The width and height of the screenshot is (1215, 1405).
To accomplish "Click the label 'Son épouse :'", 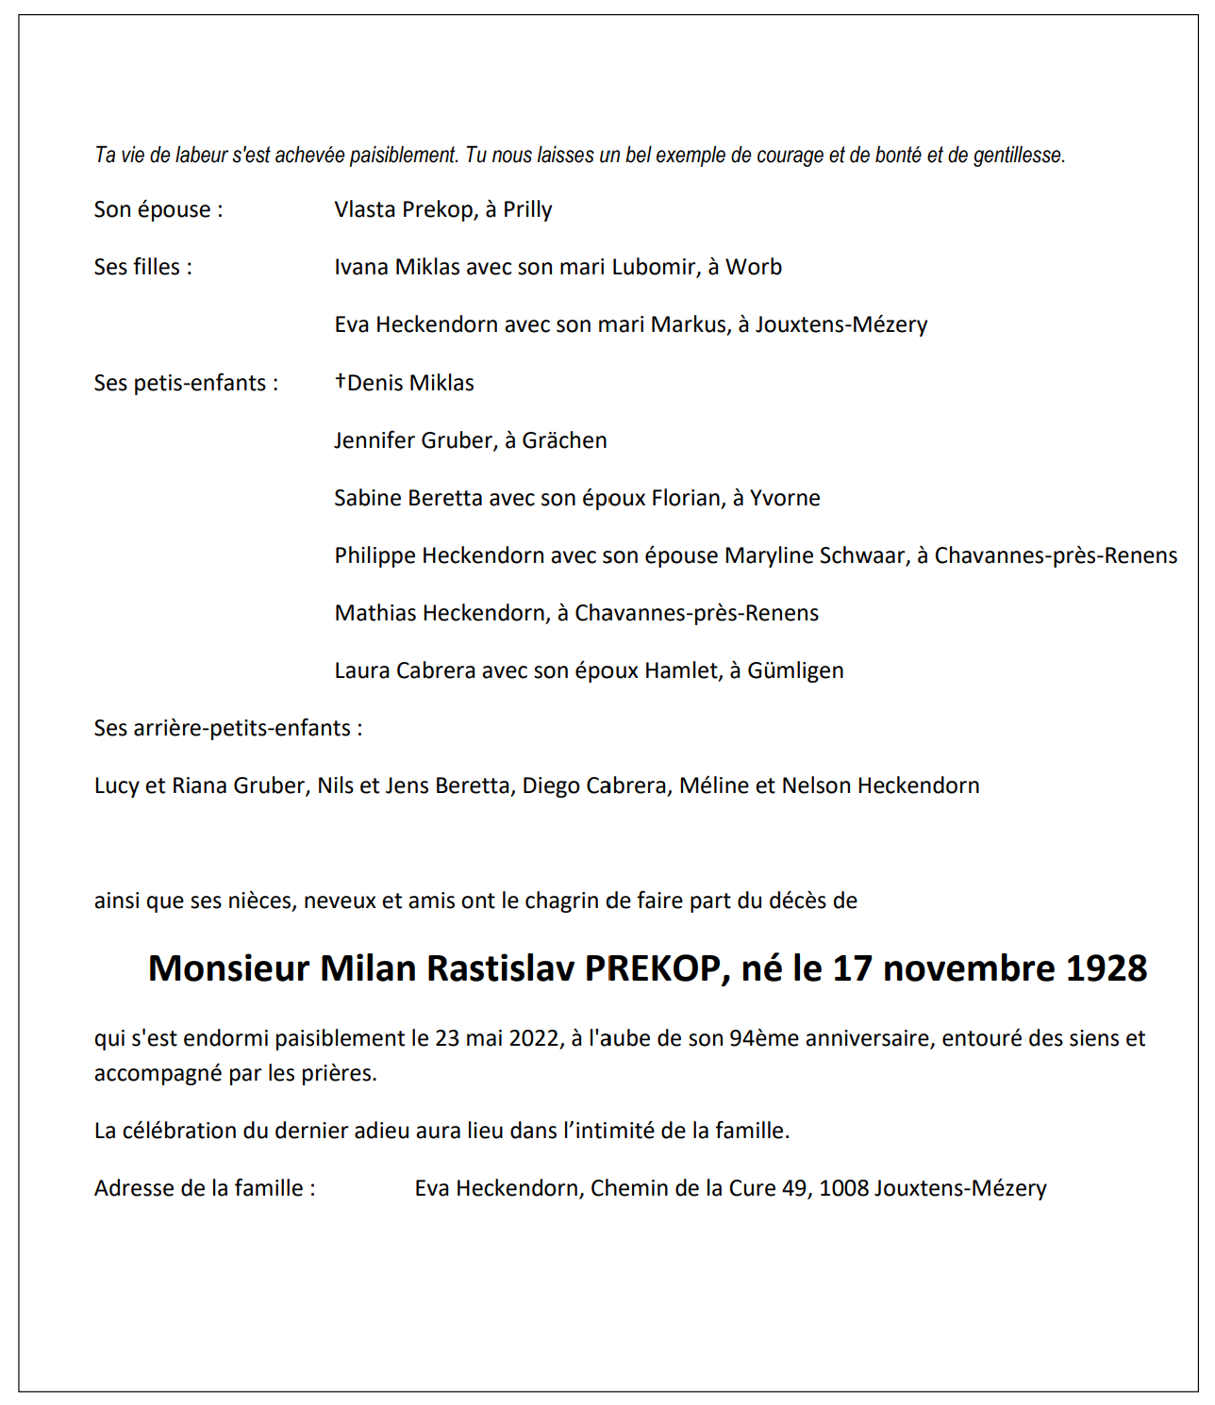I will pyautogui.click(x=158, y=210).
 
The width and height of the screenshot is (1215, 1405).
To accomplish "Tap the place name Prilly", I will pyautogui.click(x=527, y=210).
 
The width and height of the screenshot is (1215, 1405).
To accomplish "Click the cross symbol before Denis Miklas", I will pyautogui.click(x=341, y=381).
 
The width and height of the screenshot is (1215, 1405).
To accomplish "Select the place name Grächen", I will pyautogui.click(x=564, y=440).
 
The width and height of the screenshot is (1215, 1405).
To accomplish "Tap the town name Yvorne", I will pyautogui.click(x=785, y=498).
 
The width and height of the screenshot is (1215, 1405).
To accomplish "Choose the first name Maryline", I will pyautogui.click(x=769, y=556).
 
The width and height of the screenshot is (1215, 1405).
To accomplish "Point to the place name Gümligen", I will pyautogui.click(x=795, y=670).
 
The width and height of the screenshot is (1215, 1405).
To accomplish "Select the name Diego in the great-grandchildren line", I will pyautogui.click(x=548, y=785).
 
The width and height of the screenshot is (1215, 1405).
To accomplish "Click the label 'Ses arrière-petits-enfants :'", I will pyautogui.click(x=228, y=728).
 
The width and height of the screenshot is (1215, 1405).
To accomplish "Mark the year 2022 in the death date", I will pyautogui.click(x=533, y=1038).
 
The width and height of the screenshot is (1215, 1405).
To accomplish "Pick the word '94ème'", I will pyautogui.click(x=762, y=1038).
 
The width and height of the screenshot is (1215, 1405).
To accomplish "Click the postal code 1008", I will pyautogui.click(x=843, y=1188).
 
